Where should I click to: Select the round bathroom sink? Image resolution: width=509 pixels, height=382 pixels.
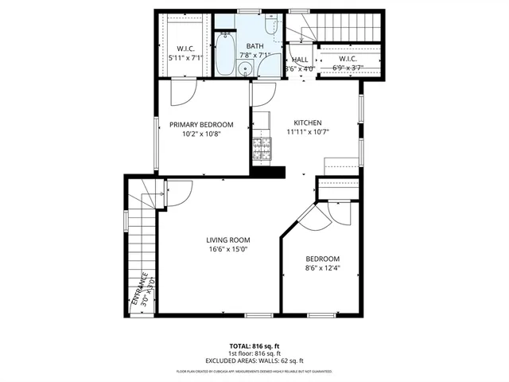pyautogui.click(x=245, y=69)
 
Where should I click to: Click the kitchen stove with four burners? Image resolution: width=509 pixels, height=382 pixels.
pyautogui.click(x=260, y=150)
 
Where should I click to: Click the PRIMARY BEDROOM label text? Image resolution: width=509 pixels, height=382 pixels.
pyautogui.click(x=201, y=124)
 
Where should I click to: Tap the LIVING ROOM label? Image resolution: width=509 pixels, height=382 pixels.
pyautogui.click(x=228, y=240)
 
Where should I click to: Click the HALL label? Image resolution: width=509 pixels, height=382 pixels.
pyautogui.click(x=300, y=60)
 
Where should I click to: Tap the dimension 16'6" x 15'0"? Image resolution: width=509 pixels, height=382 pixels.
pyautogui.click(x=228, y=250)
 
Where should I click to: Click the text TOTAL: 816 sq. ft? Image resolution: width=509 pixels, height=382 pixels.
pyautogui.click(x=254, y=346)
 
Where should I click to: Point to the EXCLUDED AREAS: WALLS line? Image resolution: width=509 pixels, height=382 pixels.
pyautogui.click(x=254, y=361)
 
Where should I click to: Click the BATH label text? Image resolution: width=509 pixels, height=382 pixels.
pyautogui.click(x=254, y=46)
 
